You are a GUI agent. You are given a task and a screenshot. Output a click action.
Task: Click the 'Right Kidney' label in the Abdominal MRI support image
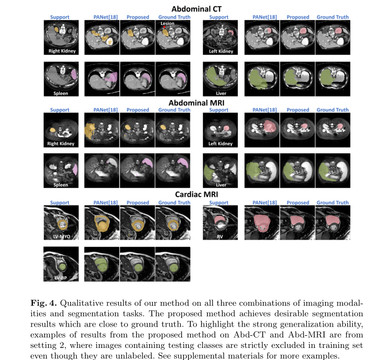point(61,144)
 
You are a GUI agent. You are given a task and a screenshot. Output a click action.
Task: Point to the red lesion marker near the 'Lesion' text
point(164,28)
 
